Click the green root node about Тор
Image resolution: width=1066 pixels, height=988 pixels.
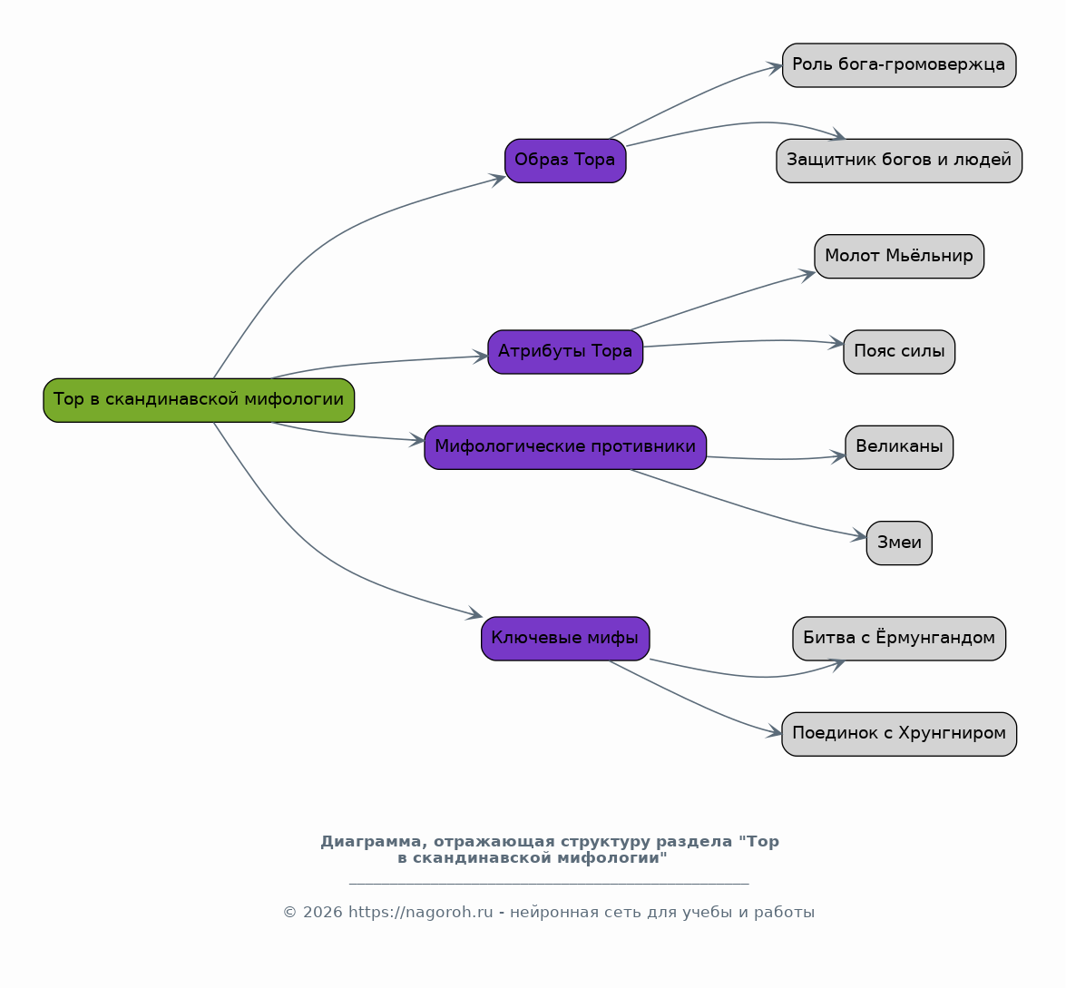[199, 400]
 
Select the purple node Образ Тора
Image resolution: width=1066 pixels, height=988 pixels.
[565, 161]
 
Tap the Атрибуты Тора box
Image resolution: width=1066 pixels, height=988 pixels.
[565, 351]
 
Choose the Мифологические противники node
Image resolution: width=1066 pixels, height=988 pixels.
[565, 447]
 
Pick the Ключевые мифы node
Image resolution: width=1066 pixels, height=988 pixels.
[565, 639]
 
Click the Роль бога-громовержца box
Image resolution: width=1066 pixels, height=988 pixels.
[899, 65]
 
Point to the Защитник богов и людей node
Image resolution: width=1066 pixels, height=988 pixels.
[899, 161]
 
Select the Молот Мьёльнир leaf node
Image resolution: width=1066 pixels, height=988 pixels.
[899, 257]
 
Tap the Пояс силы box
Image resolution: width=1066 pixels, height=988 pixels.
[899, 351]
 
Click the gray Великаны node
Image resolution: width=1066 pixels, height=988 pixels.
[899, 447]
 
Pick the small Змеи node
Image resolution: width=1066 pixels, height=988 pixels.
[899, 543]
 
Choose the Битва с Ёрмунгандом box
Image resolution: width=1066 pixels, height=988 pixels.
[899, 639]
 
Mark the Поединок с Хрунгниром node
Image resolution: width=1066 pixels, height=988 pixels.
[899, 734]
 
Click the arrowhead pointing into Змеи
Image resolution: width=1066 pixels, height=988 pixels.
[860, 537]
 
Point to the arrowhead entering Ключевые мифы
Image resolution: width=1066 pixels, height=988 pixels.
[474, 615]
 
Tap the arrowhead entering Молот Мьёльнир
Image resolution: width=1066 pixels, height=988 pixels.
[808, 274]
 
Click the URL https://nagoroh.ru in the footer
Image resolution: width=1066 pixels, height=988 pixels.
[420, 913]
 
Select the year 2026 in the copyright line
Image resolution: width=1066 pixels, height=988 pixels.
[322, 913]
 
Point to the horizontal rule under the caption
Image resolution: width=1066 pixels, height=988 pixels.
[549, 884]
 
